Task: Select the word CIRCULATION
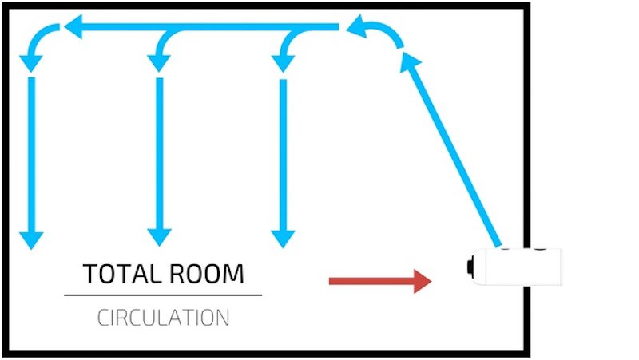point(163,317)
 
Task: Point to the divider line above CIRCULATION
point(163,295)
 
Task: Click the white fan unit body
point(519,267)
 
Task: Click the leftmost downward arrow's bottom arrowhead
point(31,237)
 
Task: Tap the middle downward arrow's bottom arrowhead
point(159,237)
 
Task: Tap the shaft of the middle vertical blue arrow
point(159,152)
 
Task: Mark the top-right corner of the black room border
point(526,6)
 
